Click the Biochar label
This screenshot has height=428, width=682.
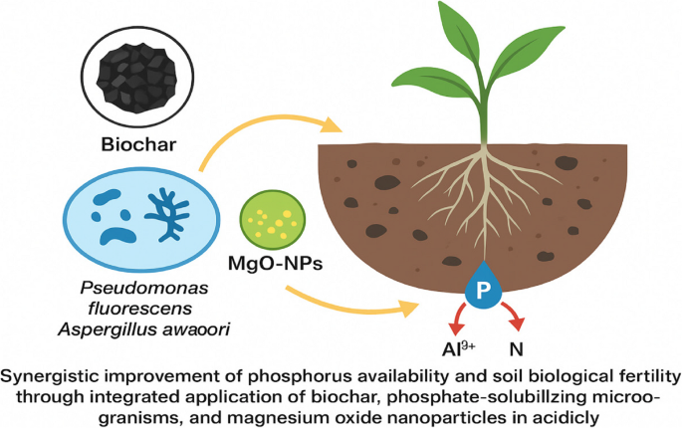(x=137, y=144)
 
